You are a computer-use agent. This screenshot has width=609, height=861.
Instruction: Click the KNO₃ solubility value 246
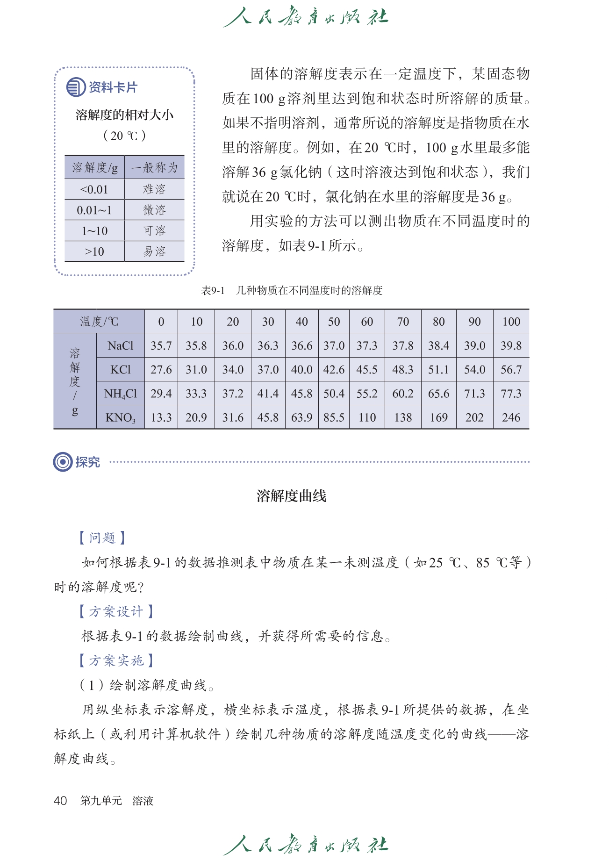click(x=511, y=417)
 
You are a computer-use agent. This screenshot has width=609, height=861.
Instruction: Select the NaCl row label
click(x=120, y=346)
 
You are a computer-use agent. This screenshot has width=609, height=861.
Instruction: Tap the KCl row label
click(x=120, y=370)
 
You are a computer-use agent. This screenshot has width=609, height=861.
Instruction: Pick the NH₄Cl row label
click(x=120, y=394)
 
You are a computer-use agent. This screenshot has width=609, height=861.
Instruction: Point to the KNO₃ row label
click(x=120, y=417)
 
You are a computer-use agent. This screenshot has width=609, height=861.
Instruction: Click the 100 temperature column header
click(x=511, y=322)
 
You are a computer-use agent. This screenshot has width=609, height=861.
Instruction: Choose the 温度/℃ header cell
click(x=99, y=322)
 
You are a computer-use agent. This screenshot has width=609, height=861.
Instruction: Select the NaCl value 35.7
click(x=161, y=346)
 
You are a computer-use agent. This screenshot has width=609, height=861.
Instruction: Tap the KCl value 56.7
click(x=511, y=370)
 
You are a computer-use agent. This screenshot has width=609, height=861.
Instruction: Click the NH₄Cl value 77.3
click(x=511, y=394)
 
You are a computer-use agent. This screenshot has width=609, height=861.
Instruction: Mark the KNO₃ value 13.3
click(x=161, y=417)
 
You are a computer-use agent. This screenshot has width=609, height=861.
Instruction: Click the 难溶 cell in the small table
click(x=154, y=189)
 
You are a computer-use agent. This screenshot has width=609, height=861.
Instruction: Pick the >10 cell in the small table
click(x=94, y=251)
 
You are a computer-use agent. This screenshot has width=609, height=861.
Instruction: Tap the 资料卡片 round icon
click(x=76, y=87)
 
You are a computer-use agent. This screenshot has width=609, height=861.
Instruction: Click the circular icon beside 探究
click(x=62, y=462)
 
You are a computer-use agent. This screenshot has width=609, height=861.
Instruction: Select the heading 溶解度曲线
click(x=291, y=496)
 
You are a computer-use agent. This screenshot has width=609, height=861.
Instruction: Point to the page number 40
click(x=60, y=801)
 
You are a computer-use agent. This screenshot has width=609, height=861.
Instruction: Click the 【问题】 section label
click(x=102, y=538)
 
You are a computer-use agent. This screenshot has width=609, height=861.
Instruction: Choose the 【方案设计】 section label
click(x=116, y=611)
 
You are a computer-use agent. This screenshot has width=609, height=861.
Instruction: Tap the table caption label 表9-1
click(x=213, y=291)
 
